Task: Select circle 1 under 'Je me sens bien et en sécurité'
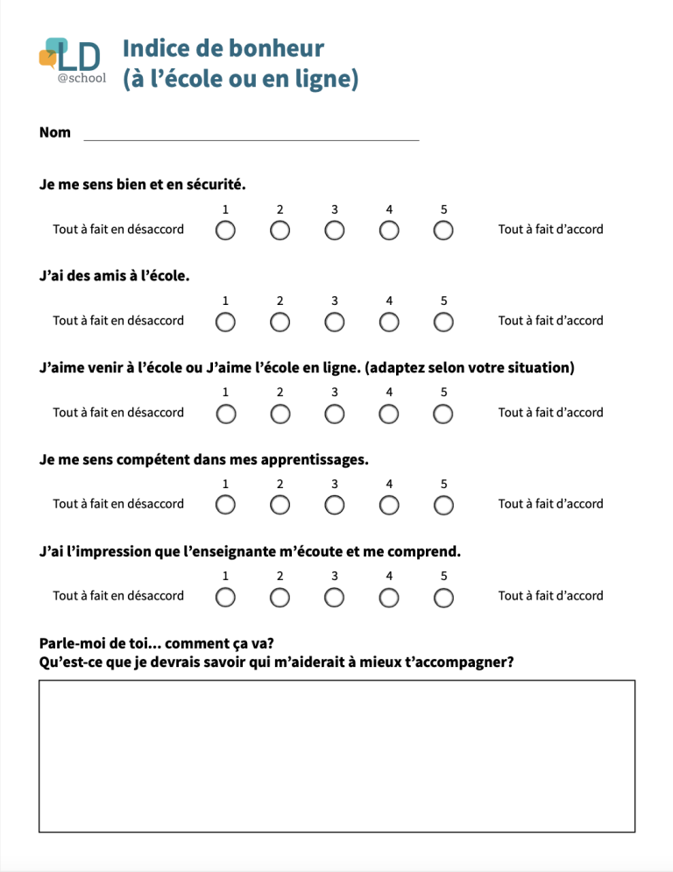click(x=225, y=230)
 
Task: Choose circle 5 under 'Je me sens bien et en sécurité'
click(x=444, y=230)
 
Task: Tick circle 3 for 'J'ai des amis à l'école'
click(x=335, y=322)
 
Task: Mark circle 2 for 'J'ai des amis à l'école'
click(x=280, y=322)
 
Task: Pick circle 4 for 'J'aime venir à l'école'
click(x=389, y=414)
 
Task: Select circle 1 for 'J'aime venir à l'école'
click(x=225, y=414)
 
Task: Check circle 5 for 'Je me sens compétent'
click(x=444, y=505)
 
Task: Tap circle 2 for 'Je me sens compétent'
click(x=280, y=505)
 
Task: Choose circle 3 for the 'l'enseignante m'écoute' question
click(x=335, y=597)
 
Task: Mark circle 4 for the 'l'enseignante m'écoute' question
click(x=389, y=597)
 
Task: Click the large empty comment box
click(x=336, y=755)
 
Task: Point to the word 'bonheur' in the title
click(x=276, y=49)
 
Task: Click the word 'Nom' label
click(x=55, y=132)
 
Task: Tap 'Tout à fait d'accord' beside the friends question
click(x=550, y=321)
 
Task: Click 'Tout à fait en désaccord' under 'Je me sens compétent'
click(x=118, y=504)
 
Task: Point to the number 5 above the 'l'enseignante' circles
click(x=444, y=576)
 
